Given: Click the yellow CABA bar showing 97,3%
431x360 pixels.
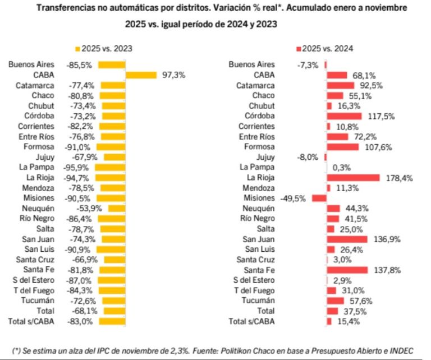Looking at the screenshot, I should click(141, 75).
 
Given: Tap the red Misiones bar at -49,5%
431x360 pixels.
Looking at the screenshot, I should click(319, 198).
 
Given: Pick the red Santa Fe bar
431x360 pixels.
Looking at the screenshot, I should click(347, 270).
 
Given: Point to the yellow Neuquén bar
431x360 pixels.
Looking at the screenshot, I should click(116, 208).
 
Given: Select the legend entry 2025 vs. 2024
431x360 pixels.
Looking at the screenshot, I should click(326, 49).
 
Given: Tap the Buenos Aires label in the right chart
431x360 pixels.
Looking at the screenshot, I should click(252, 64).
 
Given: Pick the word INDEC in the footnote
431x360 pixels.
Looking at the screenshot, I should click(401, 349).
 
